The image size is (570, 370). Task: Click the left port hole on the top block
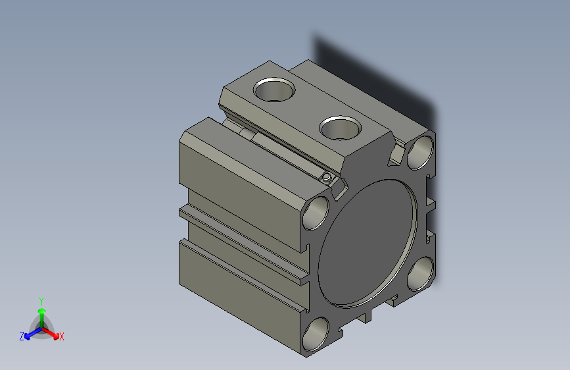pos(274,89)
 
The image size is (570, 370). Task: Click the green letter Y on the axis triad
pos(41,300)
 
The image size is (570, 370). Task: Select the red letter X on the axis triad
pos(61,337)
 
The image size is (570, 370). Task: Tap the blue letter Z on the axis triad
pos(22,336)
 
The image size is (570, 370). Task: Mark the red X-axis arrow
pos(53,332)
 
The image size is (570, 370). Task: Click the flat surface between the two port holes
pos(306,108)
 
